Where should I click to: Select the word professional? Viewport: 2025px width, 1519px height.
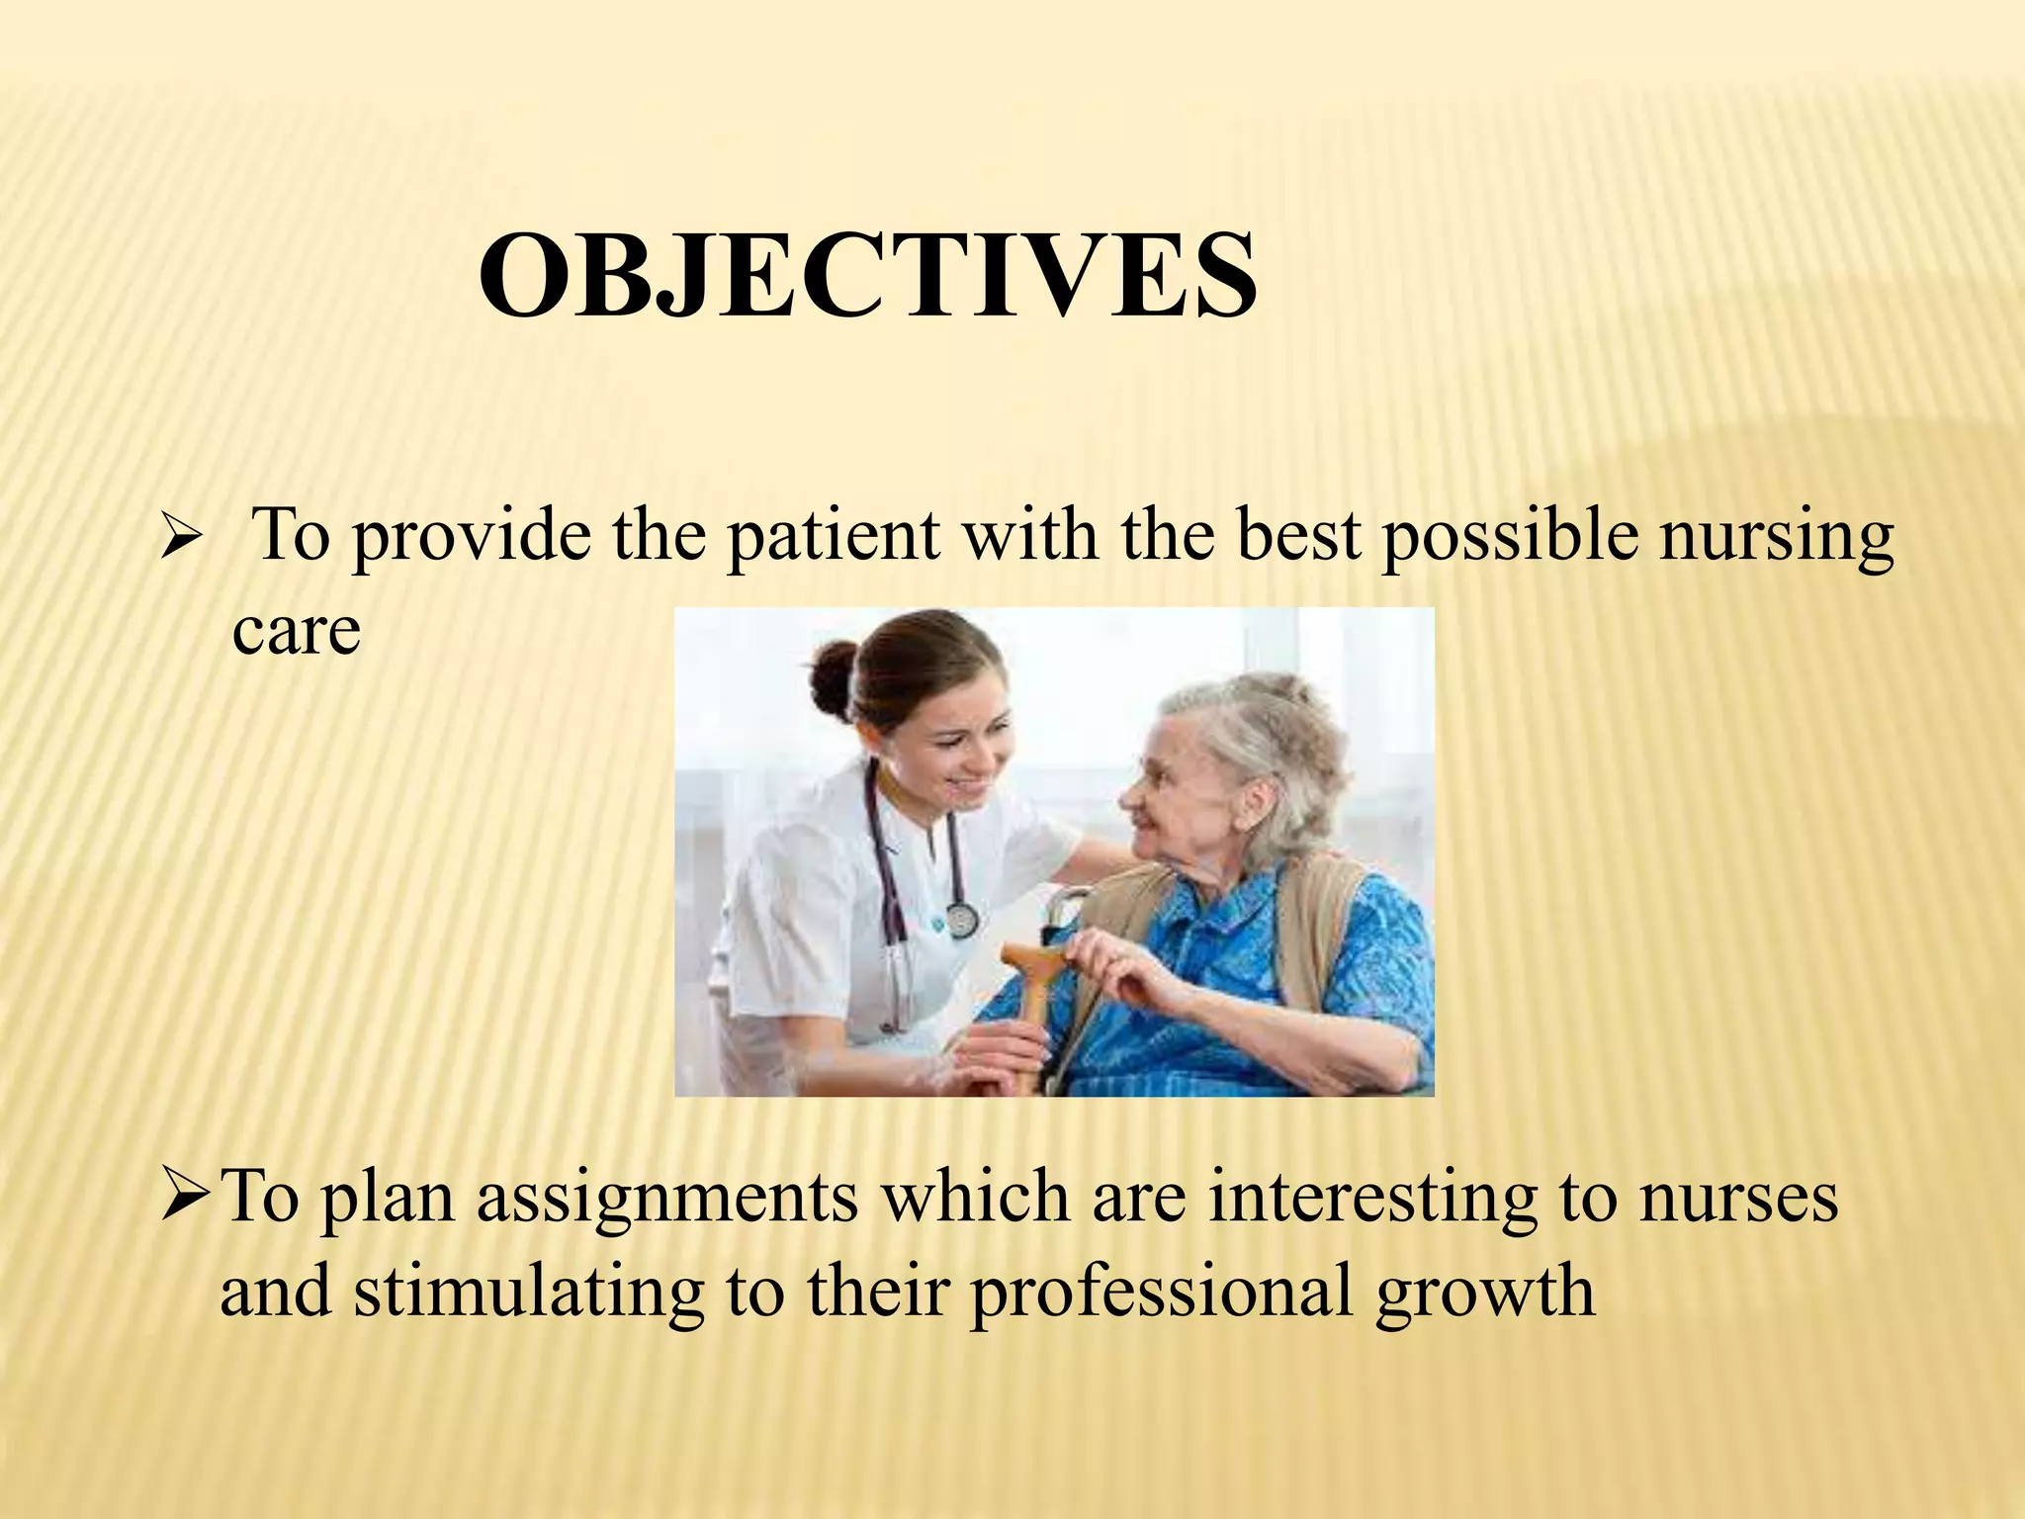(1162, 1292)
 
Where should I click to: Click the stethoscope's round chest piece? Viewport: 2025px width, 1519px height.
(961, 920)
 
